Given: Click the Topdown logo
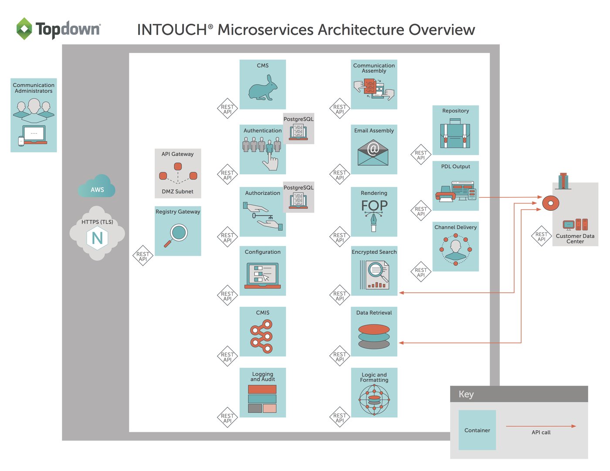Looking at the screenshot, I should pos(58,29).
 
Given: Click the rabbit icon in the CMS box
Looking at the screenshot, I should pos(263,88).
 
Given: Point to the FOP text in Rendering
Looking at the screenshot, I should pos(374,205).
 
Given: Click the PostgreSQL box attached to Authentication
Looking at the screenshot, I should pos(298,129).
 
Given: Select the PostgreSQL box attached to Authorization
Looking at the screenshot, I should pos(298,197).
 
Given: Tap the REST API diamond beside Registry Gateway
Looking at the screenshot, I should pos(142,256).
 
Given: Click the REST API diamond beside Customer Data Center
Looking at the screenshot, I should pos(541,237).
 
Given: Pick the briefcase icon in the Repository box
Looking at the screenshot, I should pos(455,135).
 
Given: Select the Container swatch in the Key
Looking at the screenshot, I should pos(477,430).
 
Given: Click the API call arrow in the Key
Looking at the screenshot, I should pos(541,426).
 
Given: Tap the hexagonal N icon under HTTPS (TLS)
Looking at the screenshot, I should pos(97,238).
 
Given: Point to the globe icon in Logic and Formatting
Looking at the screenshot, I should pos(374,399).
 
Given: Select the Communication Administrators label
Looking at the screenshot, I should pos(34,88).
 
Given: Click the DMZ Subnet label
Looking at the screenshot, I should pos(177,191).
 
